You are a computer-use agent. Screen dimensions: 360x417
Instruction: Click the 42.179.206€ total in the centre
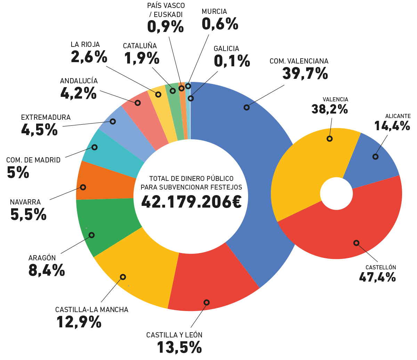191,202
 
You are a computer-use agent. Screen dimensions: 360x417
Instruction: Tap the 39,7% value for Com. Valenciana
305,74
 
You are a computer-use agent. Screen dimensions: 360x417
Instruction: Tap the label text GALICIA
226,49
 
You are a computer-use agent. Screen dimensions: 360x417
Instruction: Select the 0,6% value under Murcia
220,24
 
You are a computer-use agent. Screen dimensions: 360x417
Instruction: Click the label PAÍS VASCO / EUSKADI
166,10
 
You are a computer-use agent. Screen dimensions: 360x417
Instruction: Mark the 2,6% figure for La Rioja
89,57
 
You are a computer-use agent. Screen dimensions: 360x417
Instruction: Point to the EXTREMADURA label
46,117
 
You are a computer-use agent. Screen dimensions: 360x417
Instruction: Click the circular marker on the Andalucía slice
138,103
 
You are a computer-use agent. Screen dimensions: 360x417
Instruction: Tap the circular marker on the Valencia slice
329,139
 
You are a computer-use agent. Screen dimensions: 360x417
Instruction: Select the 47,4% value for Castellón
377,277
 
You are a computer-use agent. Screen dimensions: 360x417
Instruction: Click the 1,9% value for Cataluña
141,58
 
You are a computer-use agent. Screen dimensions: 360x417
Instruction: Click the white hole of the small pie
336,194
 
